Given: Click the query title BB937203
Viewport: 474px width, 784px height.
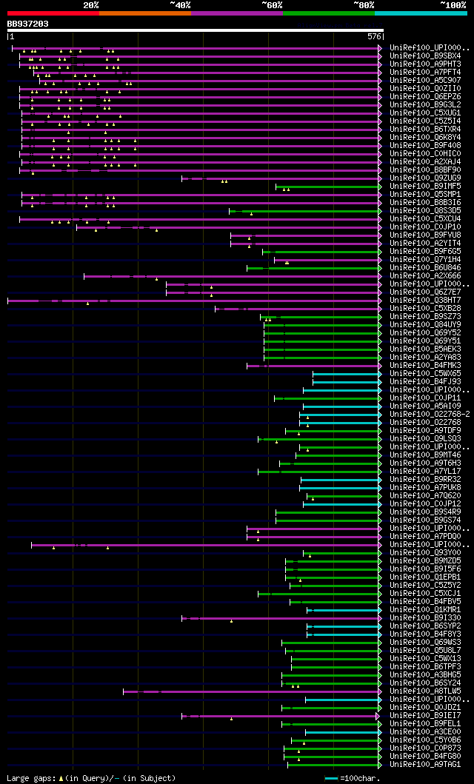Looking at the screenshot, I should point(28,24).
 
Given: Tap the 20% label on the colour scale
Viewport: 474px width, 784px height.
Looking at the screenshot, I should point(91,5).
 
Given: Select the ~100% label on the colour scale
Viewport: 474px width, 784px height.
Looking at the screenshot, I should point(453,5).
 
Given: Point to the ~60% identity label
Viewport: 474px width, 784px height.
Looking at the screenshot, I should point(272,5).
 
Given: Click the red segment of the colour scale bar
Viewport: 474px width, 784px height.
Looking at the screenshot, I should point(53,13).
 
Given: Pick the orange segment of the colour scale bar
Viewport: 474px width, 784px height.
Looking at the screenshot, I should point(144,13).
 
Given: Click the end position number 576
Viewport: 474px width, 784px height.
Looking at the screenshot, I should point(374,36).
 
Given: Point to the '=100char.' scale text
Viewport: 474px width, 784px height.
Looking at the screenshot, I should point(360,778).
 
